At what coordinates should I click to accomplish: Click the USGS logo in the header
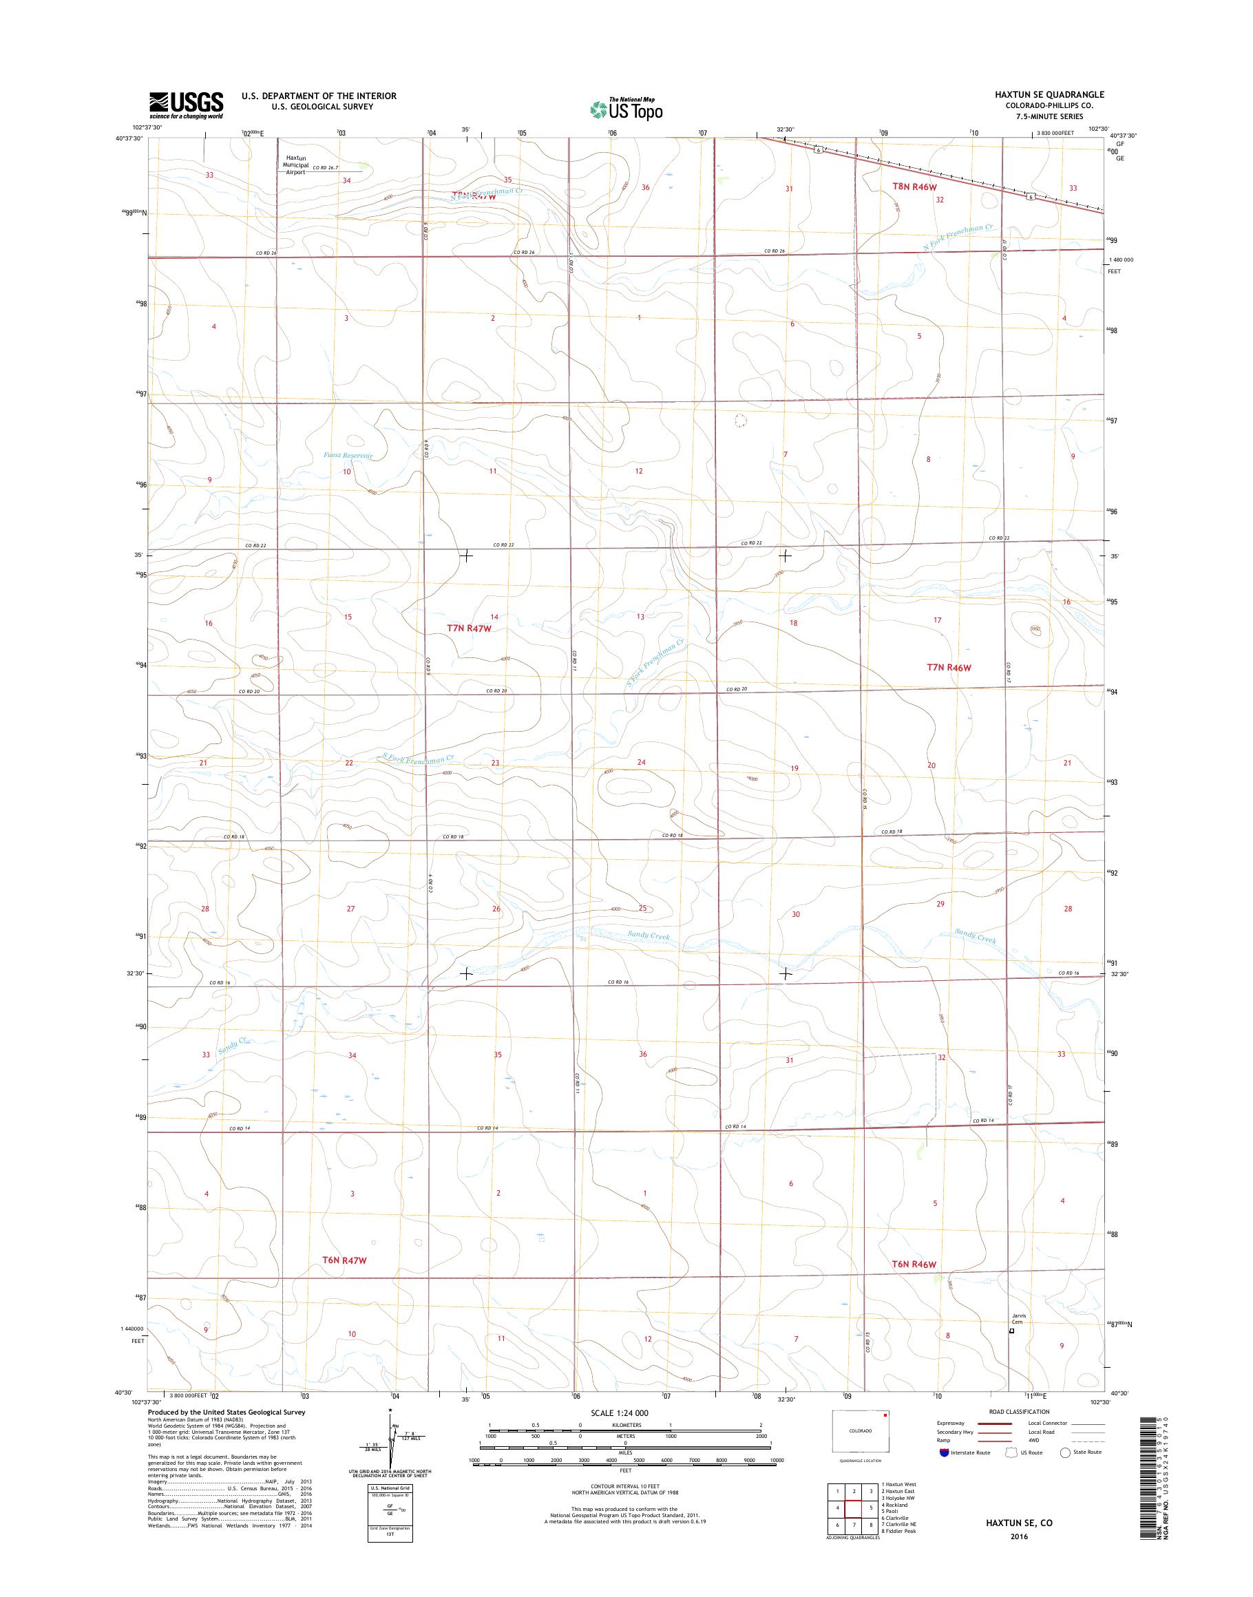(x=187, y=104)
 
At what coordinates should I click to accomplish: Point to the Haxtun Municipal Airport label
(x=296, y=165)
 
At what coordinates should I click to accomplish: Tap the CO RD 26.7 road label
(x=324, y=168)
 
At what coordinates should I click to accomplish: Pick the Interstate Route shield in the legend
(x=943, y=1472)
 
